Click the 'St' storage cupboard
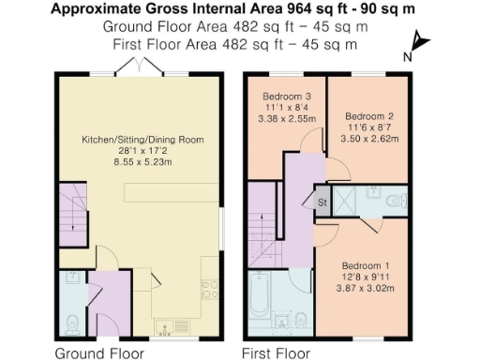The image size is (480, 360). tap(322, 202)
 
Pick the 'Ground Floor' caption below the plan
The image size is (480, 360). tap(99, 353)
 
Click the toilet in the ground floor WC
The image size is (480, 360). tap(72, 322)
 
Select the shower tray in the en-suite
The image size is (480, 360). tap(351, 199)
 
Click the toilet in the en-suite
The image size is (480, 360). tap(397, 200)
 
